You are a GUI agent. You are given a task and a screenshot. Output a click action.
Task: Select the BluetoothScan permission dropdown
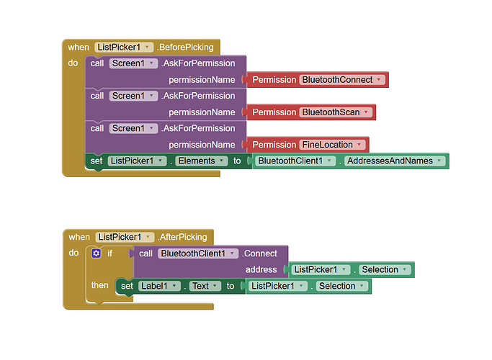(336, 112)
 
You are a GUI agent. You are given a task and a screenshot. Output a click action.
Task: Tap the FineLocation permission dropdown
(332, 145)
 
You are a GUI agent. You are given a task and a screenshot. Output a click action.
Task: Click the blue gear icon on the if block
(97, 253)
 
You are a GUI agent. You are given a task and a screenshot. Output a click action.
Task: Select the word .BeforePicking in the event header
(186, 48)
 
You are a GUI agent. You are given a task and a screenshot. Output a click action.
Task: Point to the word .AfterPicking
(182, 237)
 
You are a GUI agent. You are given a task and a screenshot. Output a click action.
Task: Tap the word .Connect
(259, 253)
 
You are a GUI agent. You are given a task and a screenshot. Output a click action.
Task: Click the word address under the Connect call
(261, 270)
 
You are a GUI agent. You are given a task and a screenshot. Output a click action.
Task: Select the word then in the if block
(100, 286)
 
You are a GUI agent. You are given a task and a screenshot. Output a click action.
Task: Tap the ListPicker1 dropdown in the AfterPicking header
(125, 237)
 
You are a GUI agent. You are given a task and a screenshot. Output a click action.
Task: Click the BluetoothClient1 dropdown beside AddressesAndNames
(296, 161)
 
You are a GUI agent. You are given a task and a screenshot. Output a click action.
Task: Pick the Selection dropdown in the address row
(385, 270)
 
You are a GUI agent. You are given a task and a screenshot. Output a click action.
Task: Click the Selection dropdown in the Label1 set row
(341, 286)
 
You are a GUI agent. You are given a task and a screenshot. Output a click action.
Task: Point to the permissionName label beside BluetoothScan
(202, 112)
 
